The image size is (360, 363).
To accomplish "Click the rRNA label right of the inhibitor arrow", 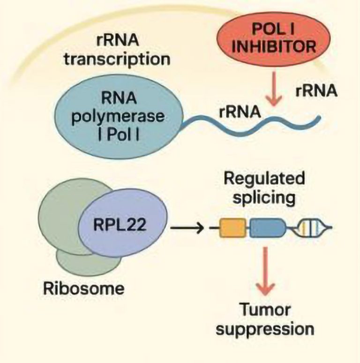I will coord(316,91).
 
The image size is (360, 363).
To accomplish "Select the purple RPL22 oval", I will coord(124,225).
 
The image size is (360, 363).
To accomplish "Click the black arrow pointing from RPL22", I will coord(187,229).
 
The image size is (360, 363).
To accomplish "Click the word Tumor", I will coord(267,309).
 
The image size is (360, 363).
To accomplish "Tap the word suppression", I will coord(267,328).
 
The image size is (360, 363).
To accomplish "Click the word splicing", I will coord(265,197).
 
